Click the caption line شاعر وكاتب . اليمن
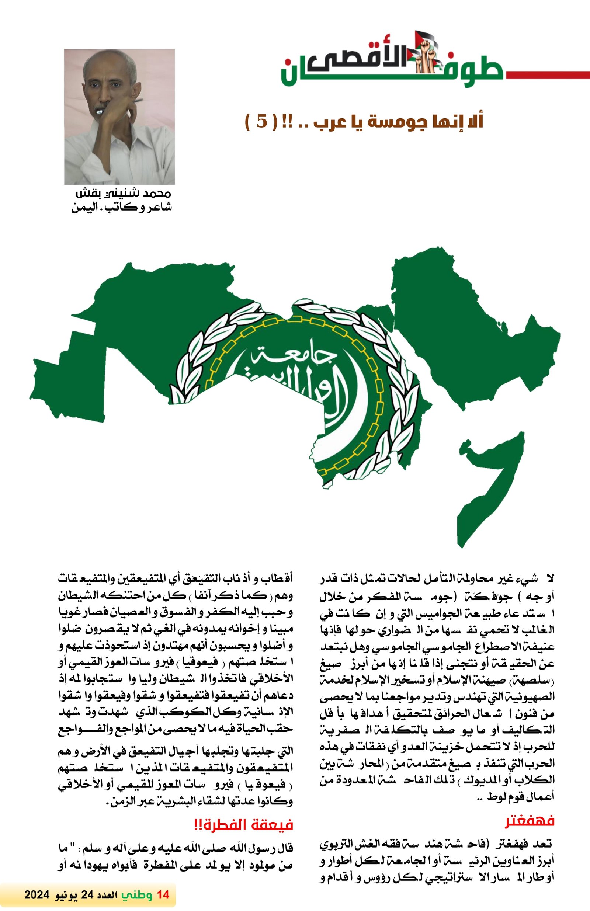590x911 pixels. tap(122, 208)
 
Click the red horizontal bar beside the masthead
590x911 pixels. tap(548, 74)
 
